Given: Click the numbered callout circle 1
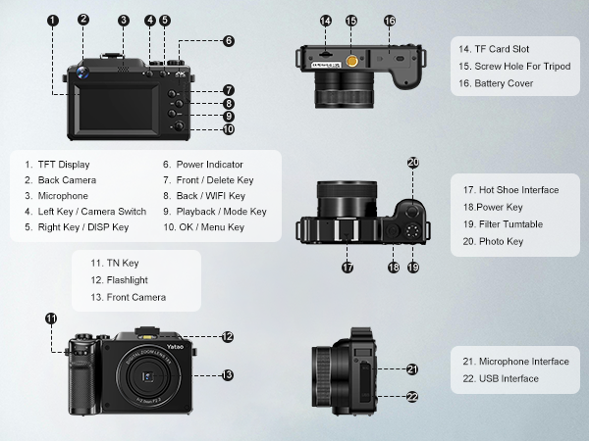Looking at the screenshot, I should click(x=52, y=20).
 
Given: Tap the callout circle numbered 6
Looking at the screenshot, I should click(x=229, y=41).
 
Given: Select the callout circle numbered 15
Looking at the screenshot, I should click(x=351, y=20).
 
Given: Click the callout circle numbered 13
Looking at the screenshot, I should click(x=228, y=374).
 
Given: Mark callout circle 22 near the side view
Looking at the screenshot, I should click(x=412, y=397).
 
